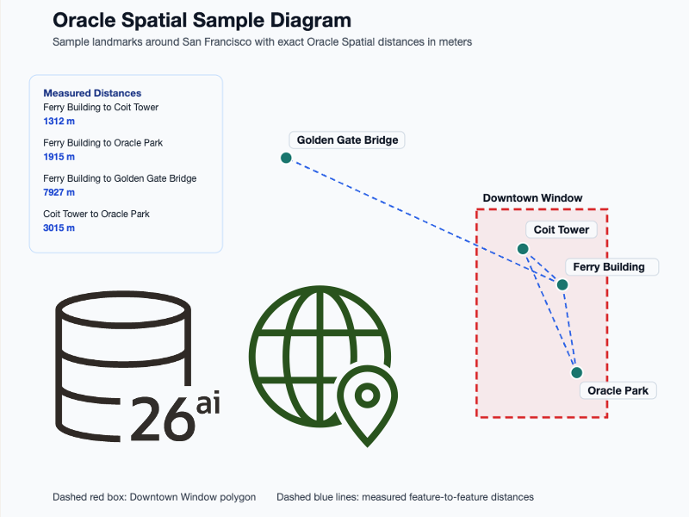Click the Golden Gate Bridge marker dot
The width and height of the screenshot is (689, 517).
pyautogui.click(x=286, y=158)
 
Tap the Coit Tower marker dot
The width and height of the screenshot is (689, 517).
pyautogui.click(x=522, y=248)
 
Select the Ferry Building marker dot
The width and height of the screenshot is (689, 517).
pyautogui.click(x=562, y=284)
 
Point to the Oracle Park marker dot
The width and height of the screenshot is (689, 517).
pyautogui.click(x=576, y=372)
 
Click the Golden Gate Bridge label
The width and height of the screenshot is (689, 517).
pyautogui.click(x=347, y=140)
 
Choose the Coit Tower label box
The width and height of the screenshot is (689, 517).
pyautogui.click(x=562, y=230)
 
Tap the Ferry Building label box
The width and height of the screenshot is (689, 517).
pyautogui.click(x=611, y=267)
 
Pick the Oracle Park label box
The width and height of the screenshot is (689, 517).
pyautogui.click(x=618, y=390)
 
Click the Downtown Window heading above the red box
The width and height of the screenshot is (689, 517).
pyautogui.click(x=532, y=198)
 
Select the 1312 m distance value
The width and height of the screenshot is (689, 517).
pyautogui.click(x=59, y=121)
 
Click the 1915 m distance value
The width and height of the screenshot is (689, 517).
pyautogui.click(x=59, y=157)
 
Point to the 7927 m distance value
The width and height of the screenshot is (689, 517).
pyautogui.click(x=59, y=192)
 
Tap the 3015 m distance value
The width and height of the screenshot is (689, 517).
pyautogui.click(x=59, y=227)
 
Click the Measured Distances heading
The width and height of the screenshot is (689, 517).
pyautogui.click(x=92, y=93)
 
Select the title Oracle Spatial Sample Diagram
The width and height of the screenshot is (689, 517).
pyautogui.click(x=202, y=21)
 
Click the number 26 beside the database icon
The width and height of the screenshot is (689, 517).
pyautogui.click(x=161, y=419)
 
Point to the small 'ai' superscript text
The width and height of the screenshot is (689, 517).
pyautogui.click(x=208, y=403)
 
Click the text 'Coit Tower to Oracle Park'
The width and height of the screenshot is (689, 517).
pyautogui.click(x=96, y=214)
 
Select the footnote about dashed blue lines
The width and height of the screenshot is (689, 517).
pyautogui.click(x=405, y=497)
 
